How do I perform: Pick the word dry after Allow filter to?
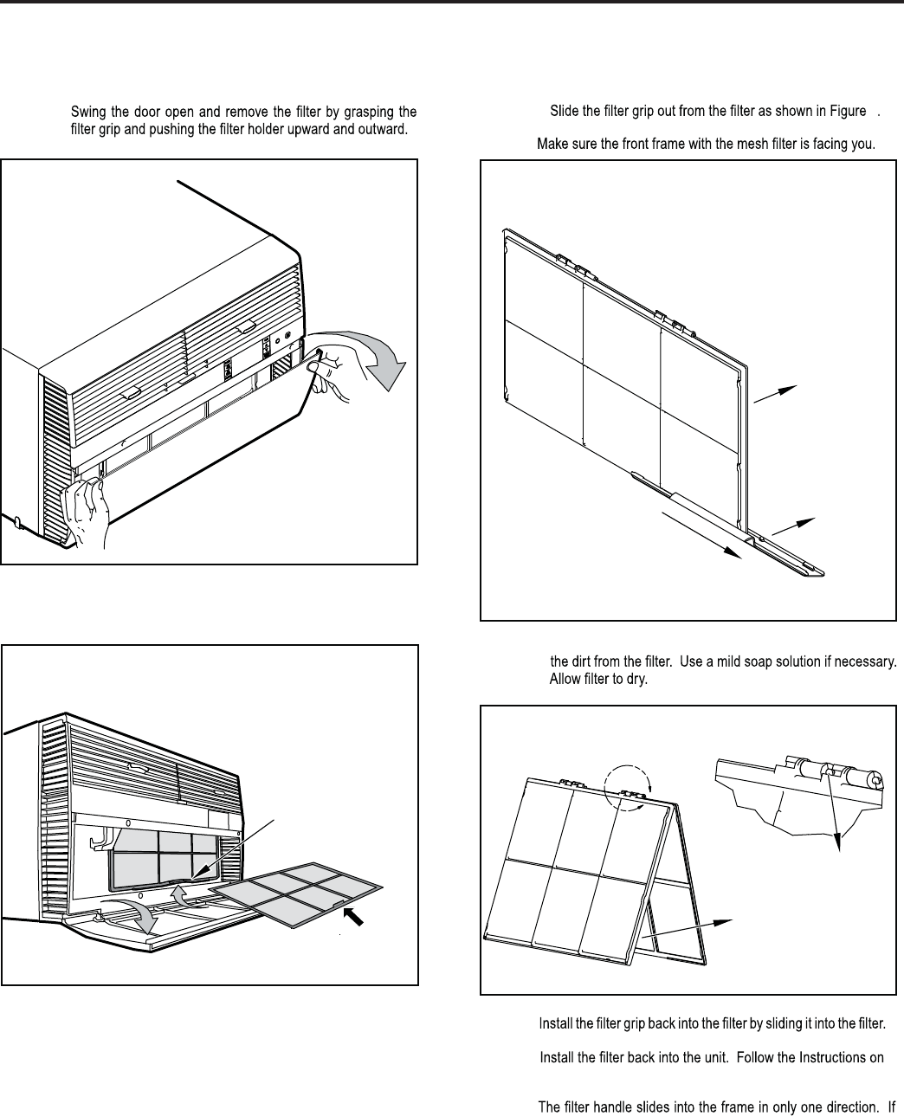click(x=639, y=678)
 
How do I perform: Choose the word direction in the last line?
click(x=843, y=1106)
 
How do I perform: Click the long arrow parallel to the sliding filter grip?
click(x=701, y=535)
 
